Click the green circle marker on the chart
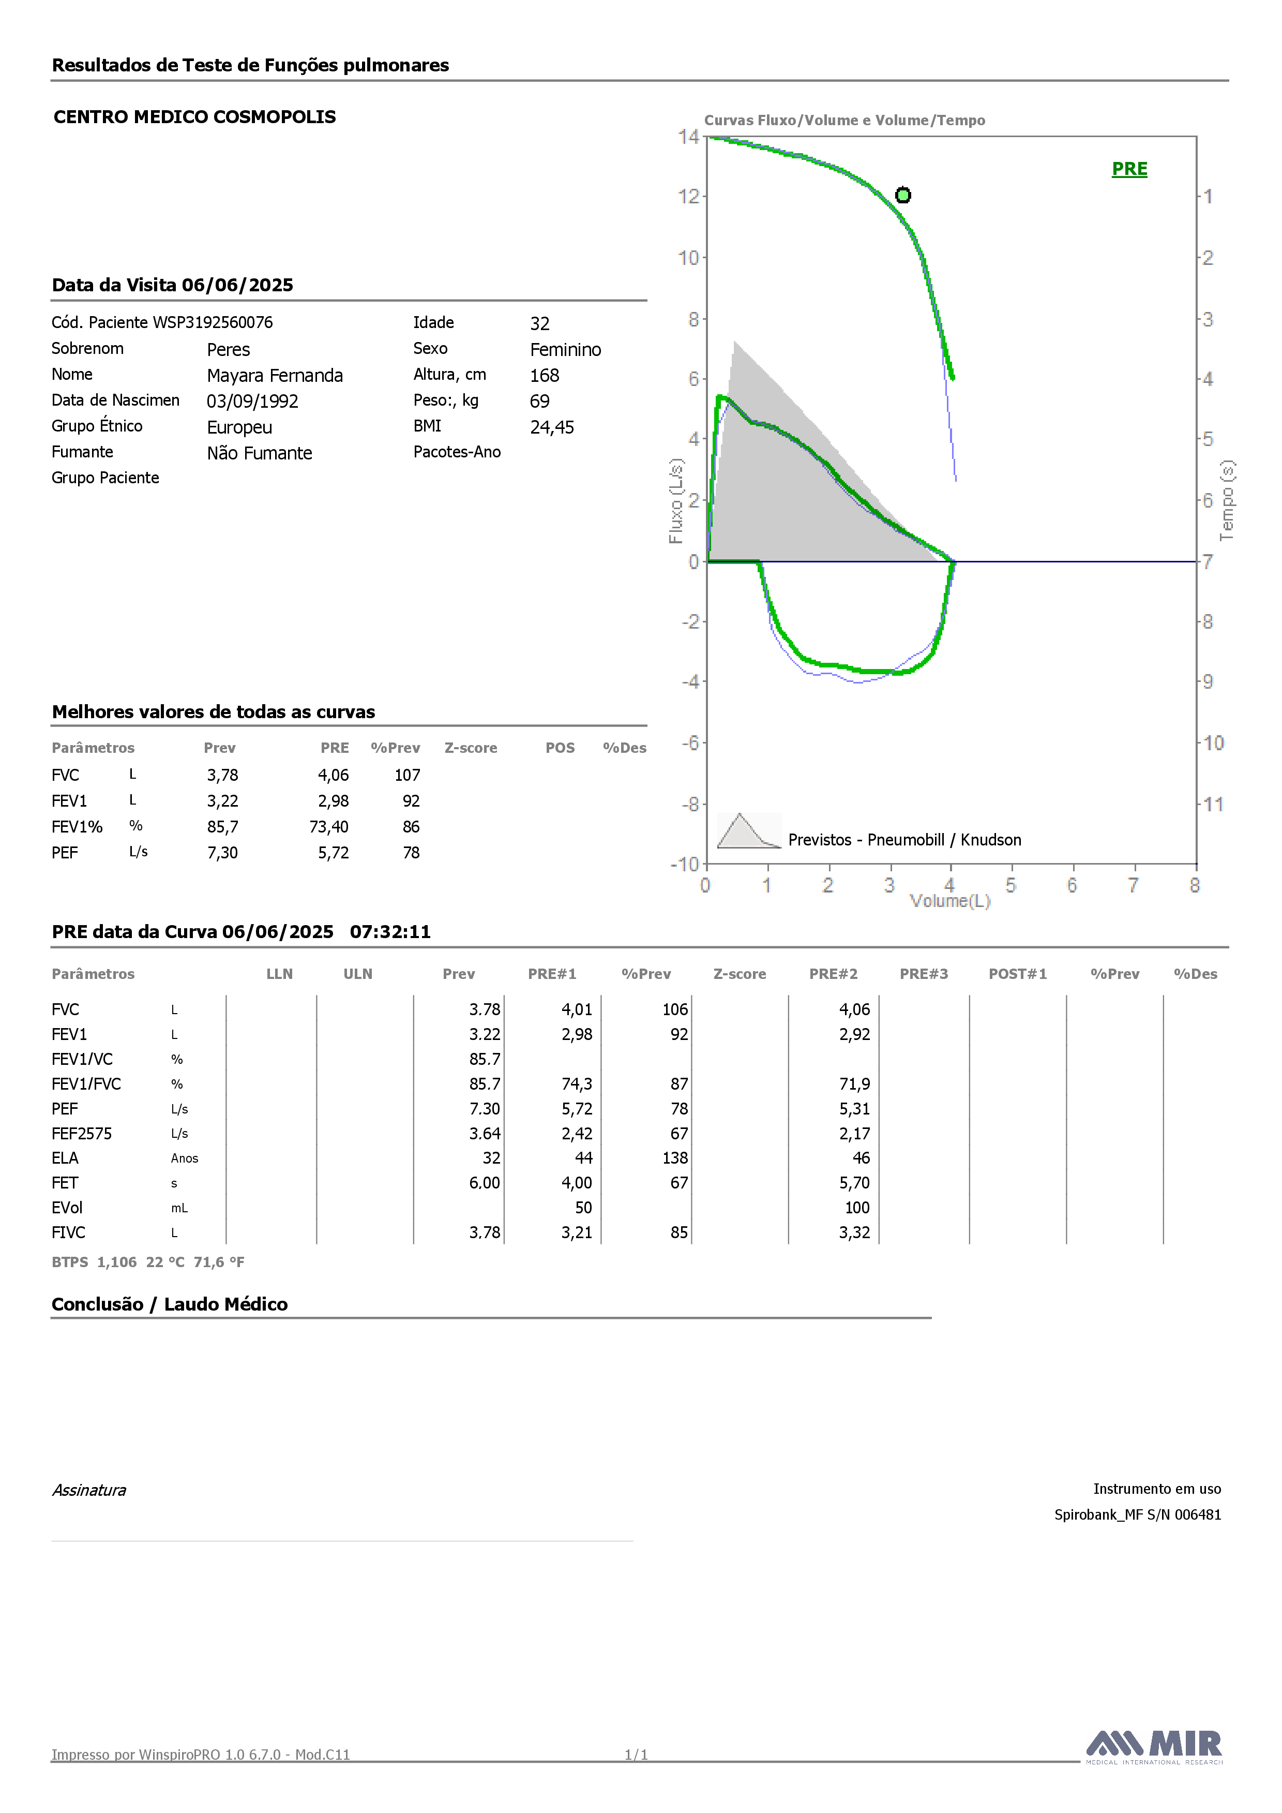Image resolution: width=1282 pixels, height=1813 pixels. point(903,195)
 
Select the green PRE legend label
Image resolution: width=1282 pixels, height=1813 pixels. point(1129,169)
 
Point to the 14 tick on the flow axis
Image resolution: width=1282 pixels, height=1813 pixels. point(688,137)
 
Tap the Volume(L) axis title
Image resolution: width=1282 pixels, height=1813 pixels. point(949,901)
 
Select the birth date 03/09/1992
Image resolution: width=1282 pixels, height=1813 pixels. point(252,401)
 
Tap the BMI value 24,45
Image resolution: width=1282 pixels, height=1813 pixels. point(552,427)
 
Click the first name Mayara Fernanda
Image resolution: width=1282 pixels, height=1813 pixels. point(275,375)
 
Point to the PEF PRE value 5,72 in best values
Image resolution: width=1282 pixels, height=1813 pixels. point(333,853)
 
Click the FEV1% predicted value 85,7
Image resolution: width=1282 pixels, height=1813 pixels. point(222,827)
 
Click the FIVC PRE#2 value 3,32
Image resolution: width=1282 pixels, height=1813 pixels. point(854,1232)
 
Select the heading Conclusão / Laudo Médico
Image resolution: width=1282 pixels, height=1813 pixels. point(170,1304)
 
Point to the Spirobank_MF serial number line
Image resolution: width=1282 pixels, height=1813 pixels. point(1138,1514)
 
